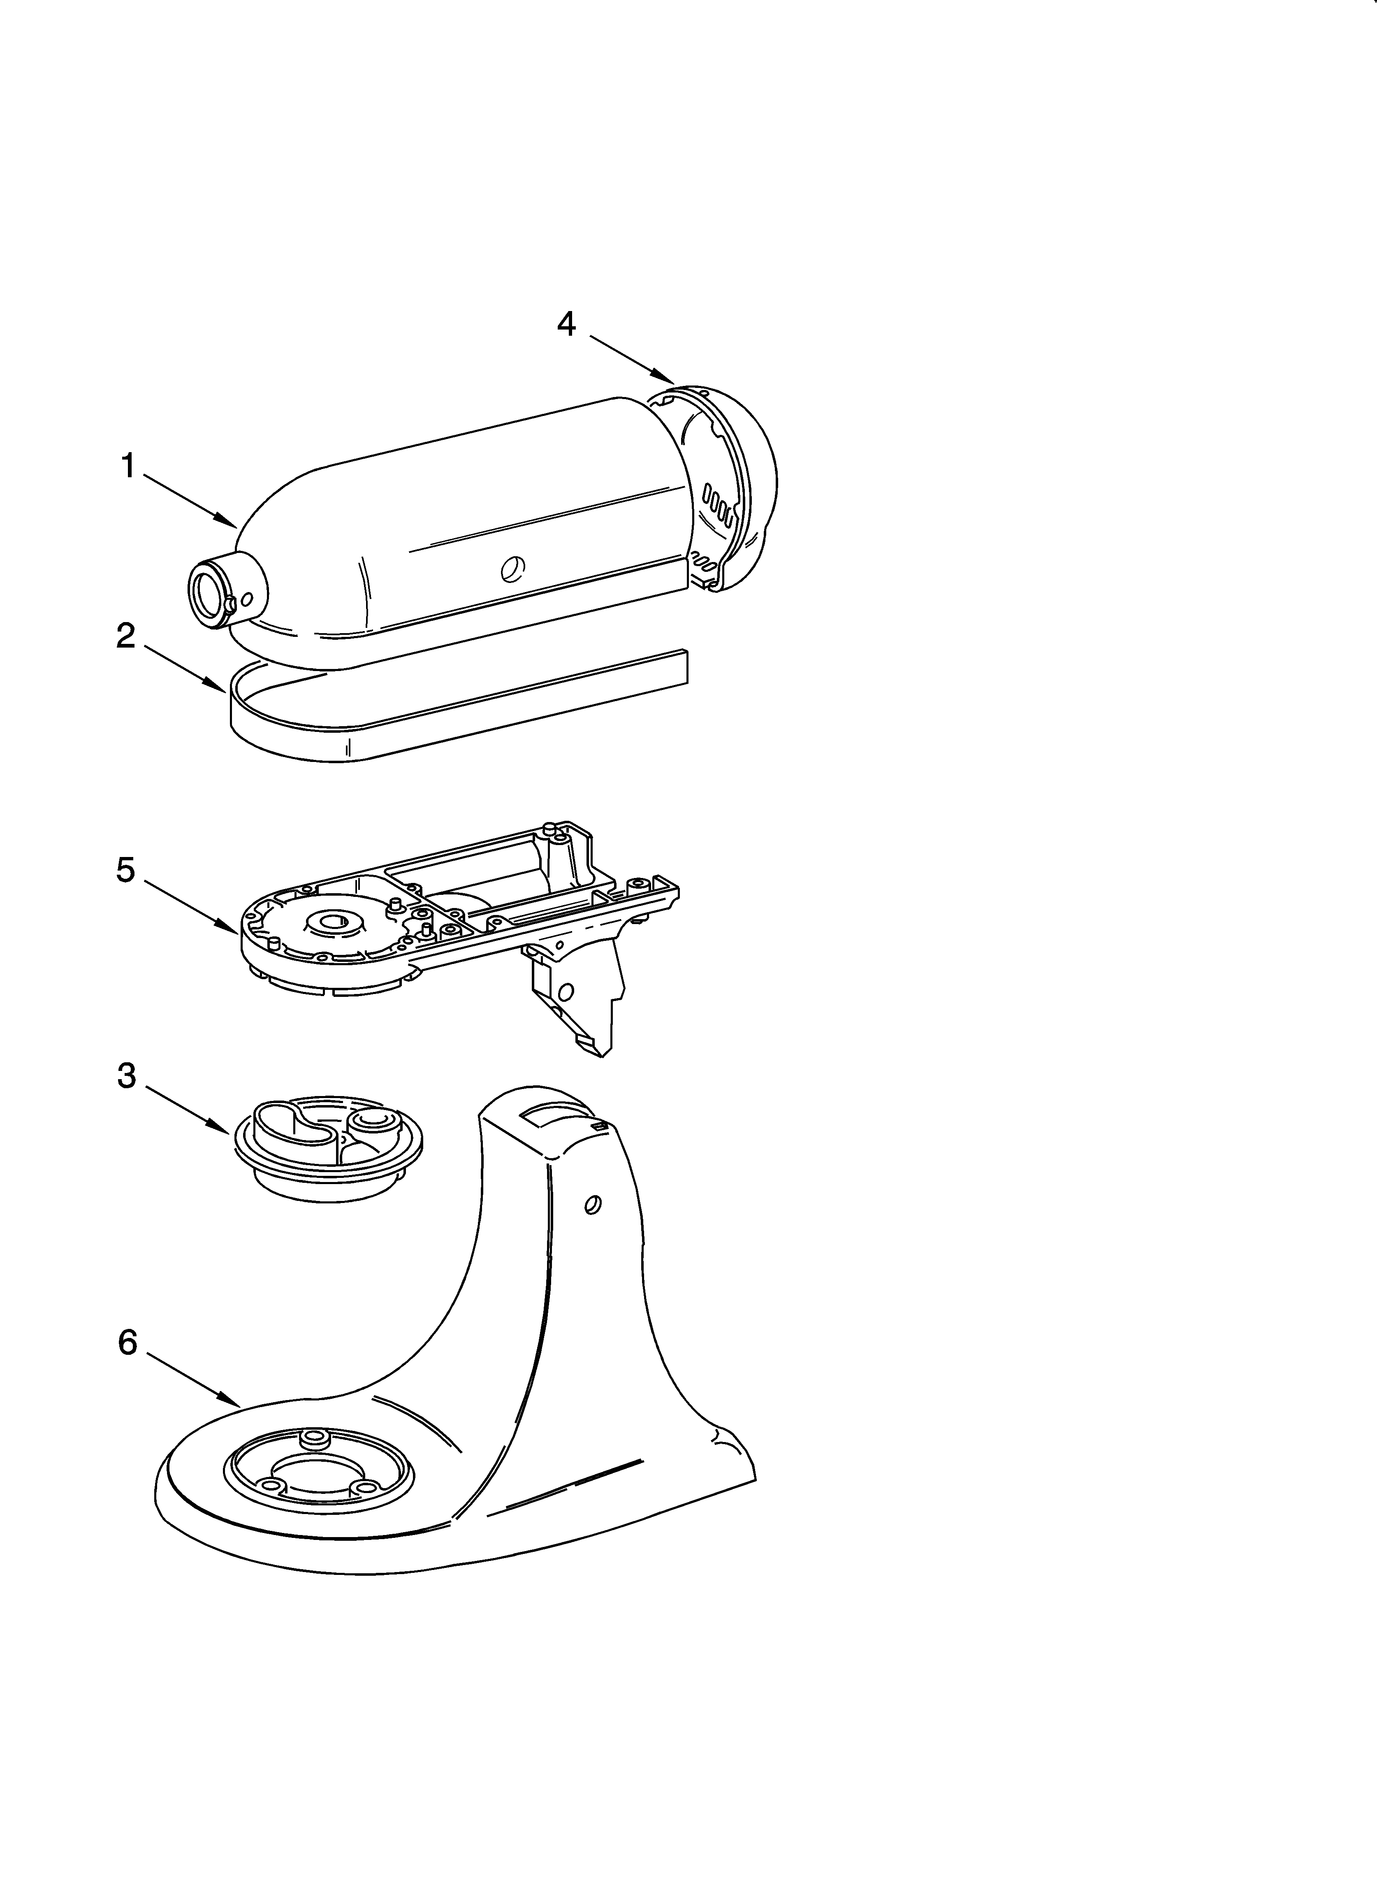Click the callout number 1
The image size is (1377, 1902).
coord(128,466)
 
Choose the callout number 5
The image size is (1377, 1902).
coord(126,871)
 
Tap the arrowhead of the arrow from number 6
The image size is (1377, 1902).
coord(237,1404)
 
